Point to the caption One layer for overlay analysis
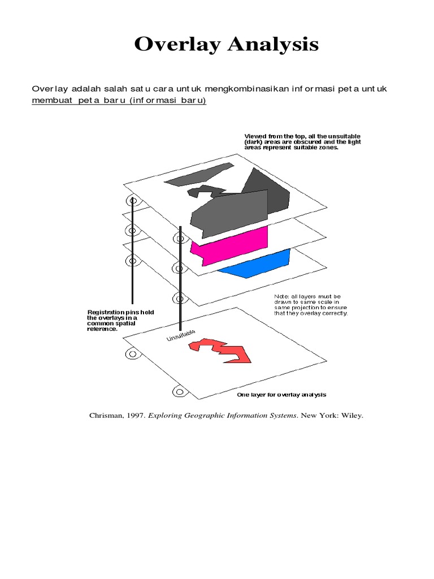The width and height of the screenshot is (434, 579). [x=281, y=394]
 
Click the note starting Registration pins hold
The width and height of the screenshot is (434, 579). [x=120, y=321]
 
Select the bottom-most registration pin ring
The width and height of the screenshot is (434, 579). [x=179, y=391]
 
